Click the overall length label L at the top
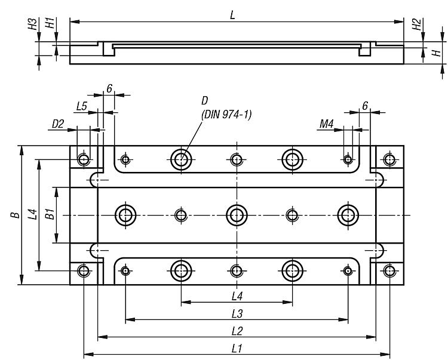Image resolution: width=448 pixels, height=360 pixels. coord(232,16)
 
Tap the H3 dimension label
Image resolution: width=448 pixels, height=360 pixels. coord(33,24)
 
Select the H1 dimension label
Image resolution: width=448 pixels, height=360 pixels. coord(50,23)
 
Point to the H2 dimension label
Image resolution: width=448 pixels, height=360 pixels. coord(416,24)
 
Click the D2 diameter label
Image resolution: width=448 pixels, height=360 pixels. coord(58,124)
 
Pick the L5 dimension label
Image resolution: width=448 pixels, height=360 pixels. coord(81,106)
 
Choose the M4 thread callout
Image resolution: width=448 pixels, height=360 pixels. coord(326,124)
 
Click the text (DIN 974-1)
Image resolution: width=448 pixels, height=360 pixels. coord(226,115)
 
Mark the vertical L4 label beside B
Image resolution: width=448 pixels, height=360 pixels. coord(33,214)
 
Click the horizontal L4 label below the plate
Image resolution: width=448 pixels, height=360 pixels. coord(237,297)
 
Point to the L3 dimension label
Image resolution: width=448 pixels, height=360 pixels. coord(237,314)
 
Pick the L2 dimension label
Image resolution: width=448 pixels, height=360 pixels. coord(237,331)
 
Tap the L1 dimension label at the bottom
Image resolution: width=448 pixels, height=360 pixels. coord(237,349)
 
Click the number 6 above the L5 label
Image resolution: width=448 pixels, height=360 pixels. coord(109,89)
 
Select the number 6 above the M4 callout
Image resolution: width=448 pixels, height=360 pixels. coord(365,106)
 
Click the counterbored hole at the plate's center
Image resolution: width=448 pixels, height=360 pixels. coord(237,215)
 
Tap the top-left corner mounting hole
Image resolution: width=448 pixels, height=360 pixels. coord(84,159)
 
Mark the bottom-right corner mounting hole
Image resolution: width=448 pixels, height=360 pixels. coord(389,270)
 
